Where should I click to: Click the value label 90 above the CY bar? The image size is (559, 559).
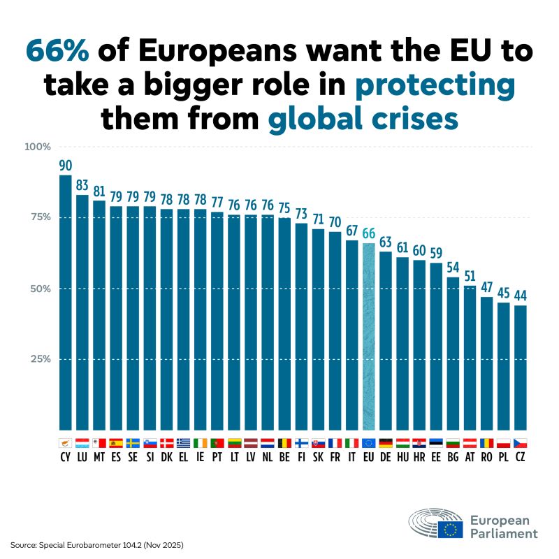click(x=65, y=166)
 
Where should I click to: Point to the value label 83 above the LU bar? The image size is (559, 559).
click(x=82, y=186)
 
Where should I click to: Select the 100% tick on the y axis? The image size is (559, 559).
click(x=38, y=147)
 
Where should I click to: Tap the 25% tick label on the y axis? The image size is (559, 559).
click(x=41, y=359)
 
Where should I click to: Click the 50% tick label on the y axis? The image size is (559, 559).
click(x=41, y=288)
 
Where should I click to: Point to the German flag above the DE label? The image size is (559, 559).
click(x=386, y=442)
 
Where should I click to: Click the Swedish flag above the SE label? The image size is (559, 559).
click(x=133, y=442)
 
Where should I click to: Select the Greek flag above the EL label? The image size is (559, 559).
click(x=183, y=442)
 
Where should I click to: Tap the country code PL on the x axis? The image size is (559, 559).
click(x=504, y=457)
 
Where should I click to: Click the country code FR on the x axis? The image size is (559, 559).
click(x=335, y=457)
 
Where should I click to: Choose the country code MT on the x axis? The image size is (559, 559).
click(x=99, y=457)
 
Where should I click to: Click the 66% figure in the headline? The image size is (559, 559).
click(x=59, y=51)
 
